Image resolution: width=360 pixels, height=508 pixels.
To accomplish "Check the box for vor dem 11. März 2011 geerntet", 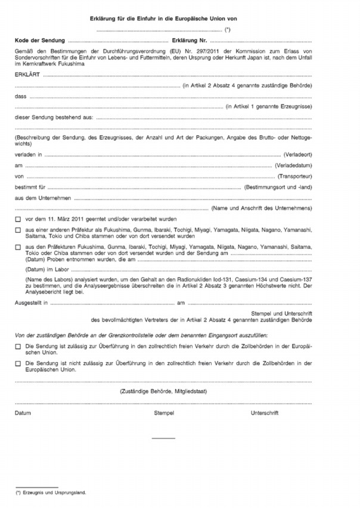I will click(17, 220).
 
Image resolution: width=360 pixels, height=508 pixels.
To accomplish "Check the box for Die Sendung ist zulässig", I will click(17, 345).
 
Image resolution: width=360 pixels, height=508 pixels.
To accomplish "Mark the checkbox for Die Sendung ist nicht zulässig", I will click(17, 362).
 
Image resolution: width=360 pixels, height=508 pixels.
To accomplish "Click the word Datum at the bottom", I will click(23, 412).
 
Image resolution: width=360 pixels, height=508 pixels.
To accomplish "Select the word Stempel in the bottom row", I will click(163, 412).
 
